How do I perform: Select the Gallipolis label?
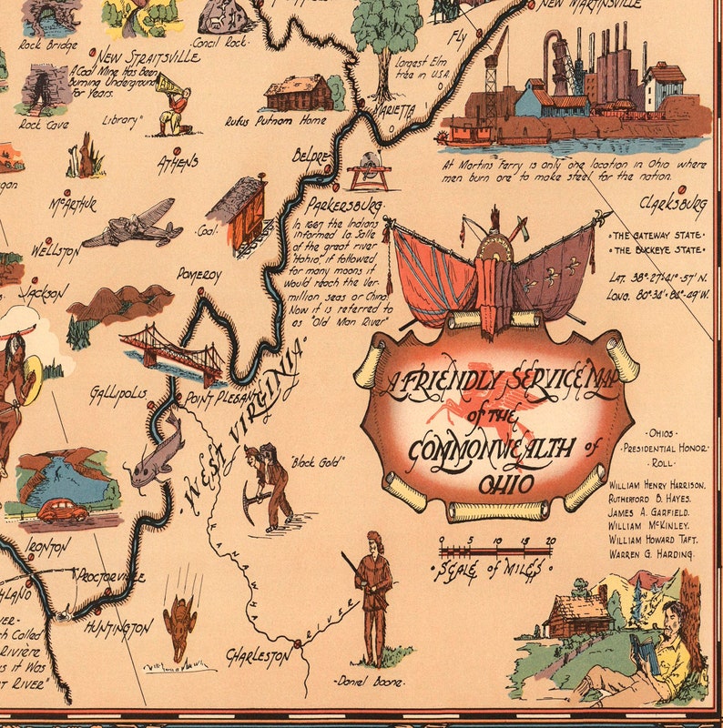(x=117, y=395)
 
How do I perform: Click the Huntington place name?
(x=117, y=628)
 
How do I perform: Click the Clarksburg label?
(x=673, y=201)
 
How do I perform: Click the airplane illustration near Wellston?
(x=133, y=223)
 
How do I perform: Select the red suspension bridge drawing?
(x=173, y=351)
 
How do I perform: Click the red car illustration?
(x=62, y=511)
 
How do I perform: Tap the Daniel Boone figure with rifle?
(x=373, y=596)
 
